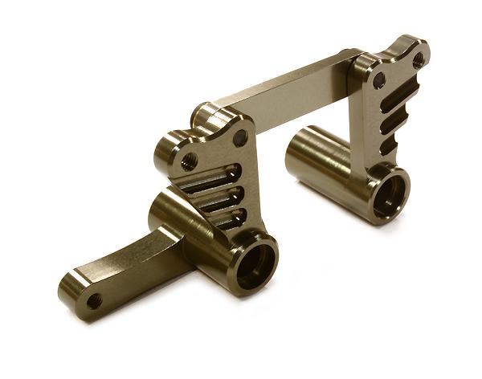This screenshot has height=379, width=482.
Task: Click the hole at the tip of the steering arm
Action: (x=94, y=301)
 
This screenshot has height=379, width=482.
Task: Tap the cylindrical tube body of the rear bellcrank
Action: (x=325, y=161)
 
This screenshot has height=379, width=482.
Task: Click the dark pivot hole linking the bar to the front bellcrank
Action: (x=240, y=137)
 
